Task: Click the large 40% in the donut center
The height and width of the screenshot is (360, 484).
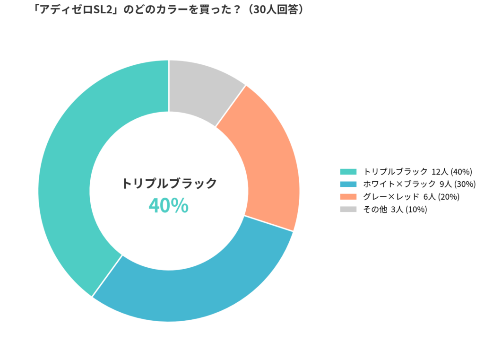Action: (x=169, y=206)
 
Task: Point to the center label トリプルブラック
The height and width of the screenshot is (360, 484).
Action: (x=169, y=183)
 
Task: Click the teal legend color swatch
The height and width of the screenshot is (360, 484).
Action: (x=348, y=171)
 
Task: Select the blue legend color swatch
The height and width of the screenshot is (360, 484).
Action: (x=348, y=184)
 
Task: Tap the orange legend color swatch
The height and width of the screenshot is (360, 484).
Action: (x=348, y=197)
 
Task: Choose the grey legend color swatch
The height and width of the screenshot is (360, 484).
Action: (x=348, y=210)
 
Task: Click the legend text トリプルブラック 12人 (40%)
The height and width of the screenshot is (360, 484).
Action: (x=418, y=171)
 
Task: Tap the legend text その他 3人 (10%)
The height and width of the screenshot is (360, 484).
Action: (x=395, y=210)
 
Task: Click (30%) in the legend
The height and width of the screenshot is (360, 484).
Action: (x=465, y=184)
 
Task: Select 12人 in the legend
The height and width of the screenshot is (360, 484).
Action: (x=440, y=171)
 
